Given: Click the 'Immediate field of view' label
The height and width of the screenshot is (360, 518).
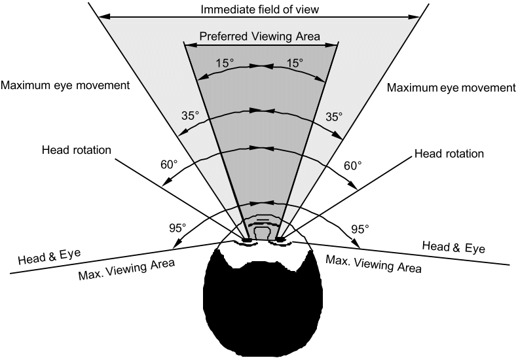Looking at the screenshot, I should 259,10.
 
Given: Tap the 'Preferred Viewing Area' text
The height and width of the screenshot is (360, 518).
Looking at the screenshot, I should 260,37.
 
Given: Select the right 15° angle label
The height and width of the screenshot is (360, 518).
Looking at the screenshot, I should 294,63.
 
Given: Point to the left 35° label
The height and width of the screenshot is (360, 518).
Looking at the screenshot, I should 190,117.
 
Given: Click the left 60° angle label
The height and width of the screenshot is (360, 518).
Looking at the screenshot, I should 168,165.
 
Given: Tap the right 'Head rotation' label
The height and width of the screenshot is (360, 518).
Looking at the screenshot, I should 449,154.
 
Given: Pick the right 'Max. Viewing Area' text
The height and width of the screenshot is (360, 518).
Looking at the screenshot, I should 373,263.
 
